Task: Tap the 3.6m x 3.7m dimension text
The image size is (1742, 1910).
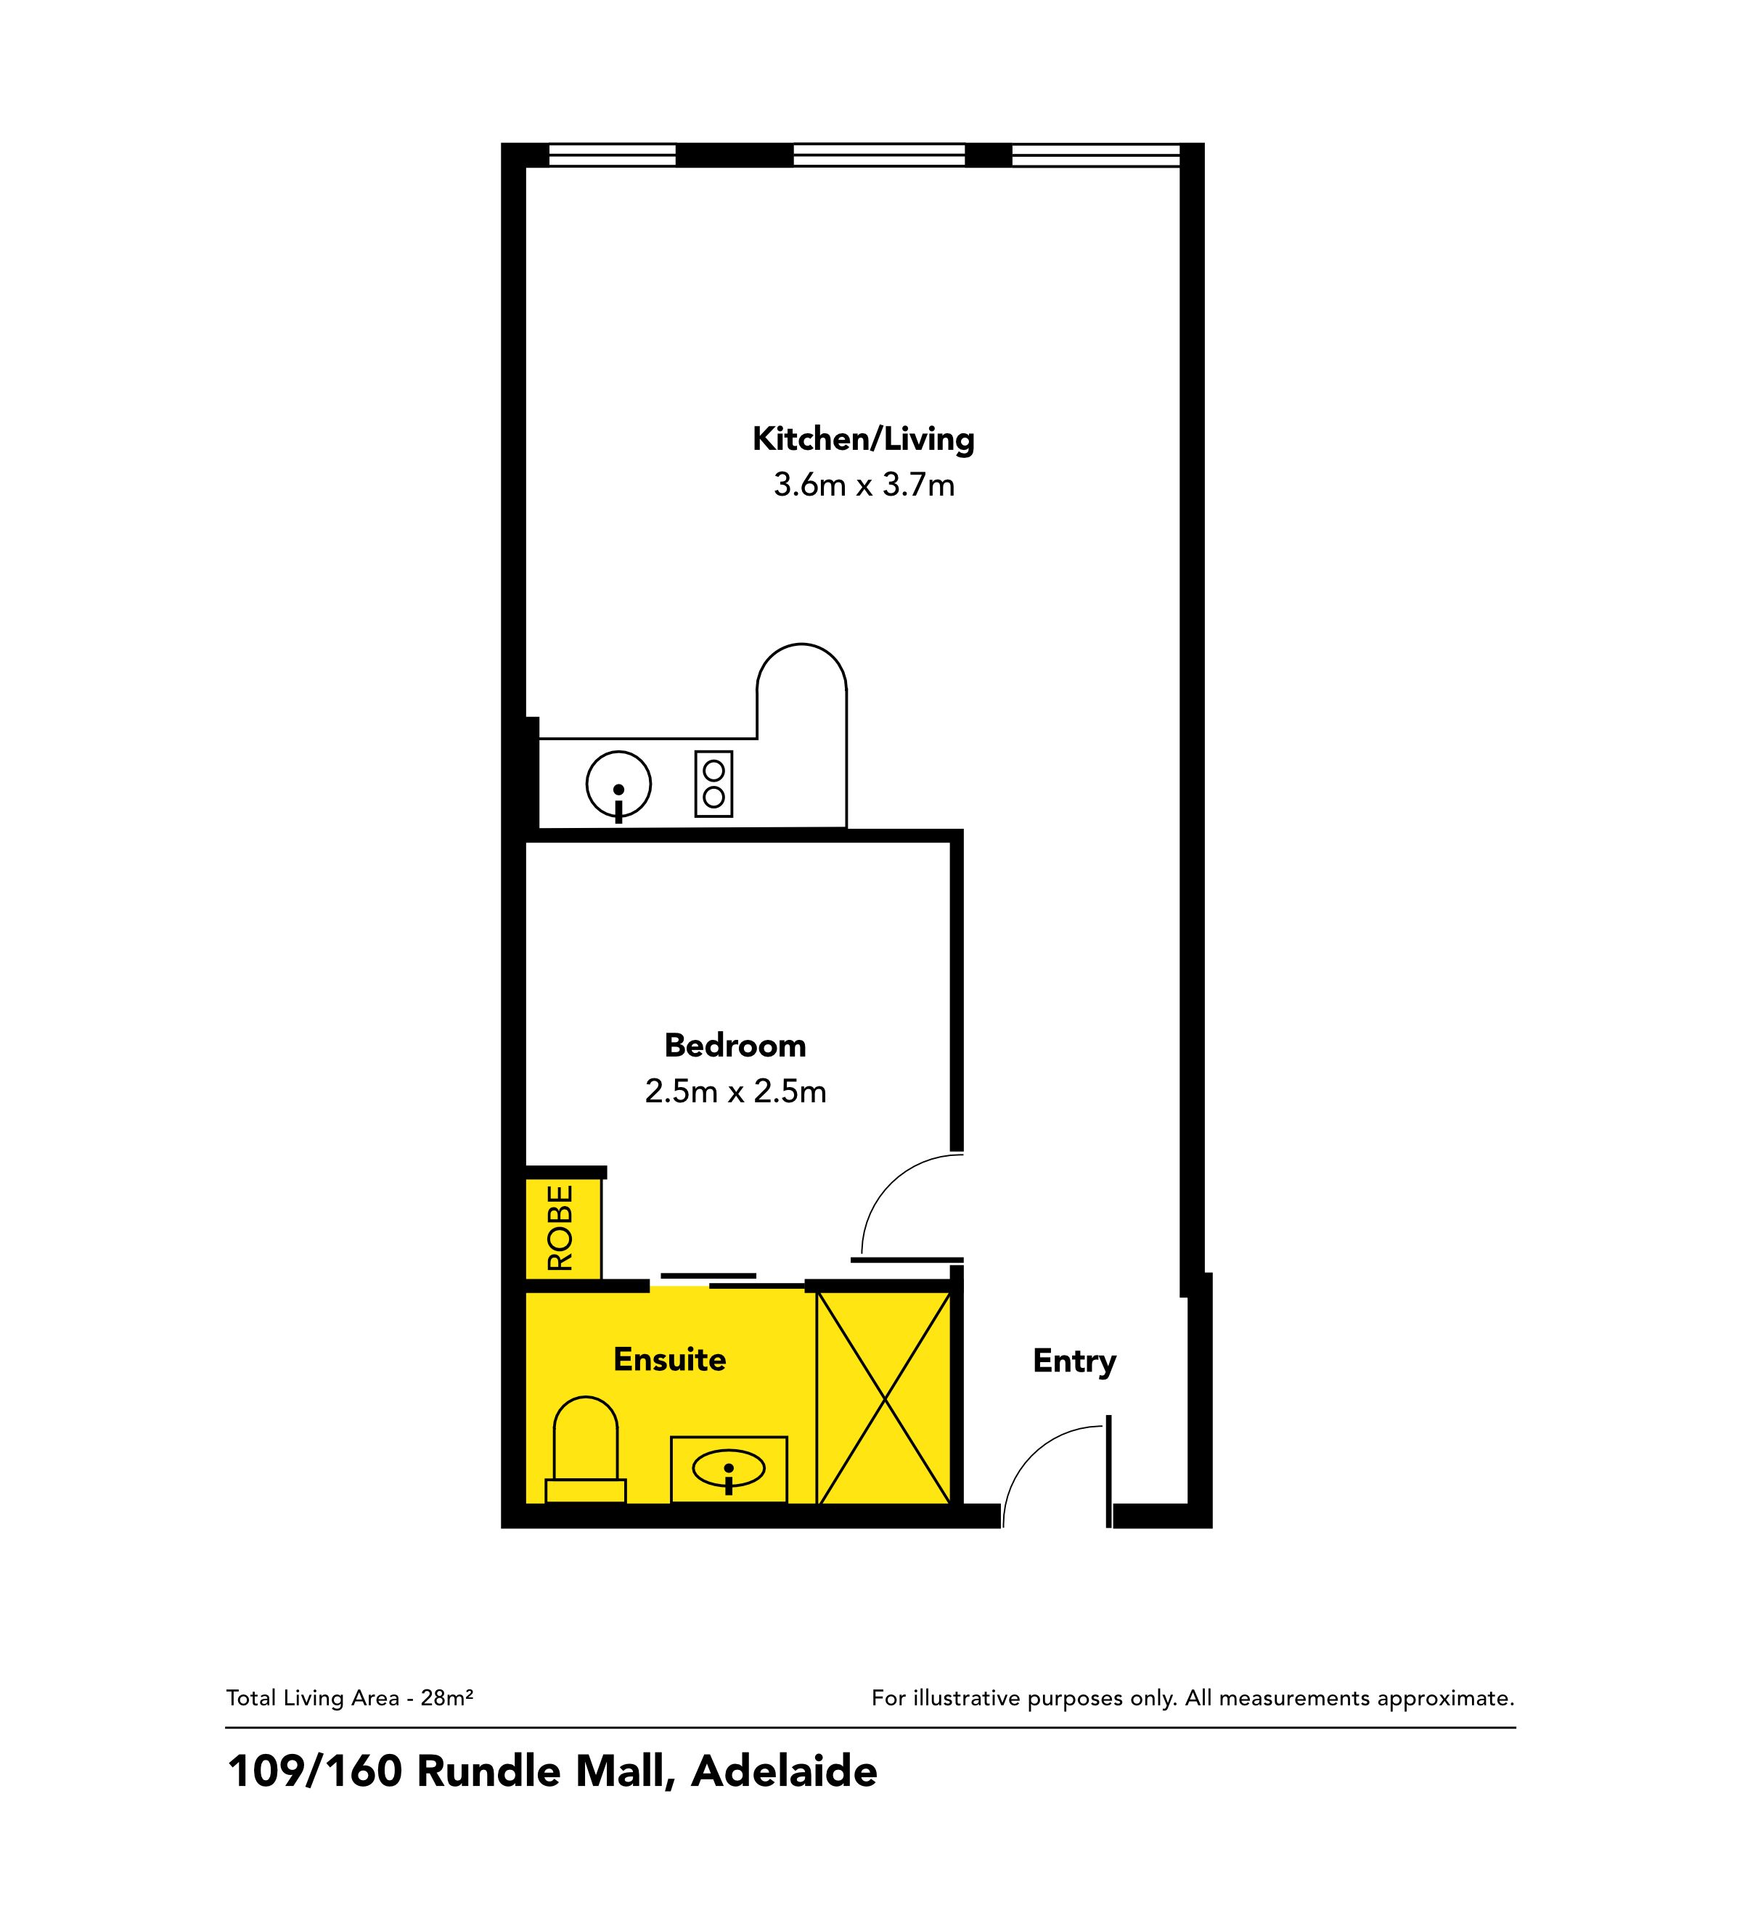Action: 864,485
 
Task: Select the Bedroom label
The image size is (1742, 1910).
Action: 735,1046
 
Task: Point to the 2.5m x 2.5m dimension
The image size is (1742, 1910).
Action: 735,1091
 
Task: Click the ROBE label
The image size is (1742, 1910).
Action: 561,1228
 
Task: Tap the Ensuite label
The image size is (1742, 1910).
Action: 670,1359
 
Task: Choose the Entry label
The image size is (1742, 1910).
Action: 1075,1362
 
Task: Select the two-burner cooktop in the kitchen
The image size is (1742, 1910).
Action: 713,784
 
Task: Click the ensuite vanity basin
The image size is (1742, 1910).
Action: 729,1470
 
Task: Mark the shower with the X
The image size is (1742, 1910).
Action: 884,1398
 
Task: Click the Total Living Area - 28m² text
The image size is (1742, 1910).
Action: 350,1698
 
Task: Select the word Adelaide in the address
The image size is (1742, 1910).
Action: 785,1771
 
